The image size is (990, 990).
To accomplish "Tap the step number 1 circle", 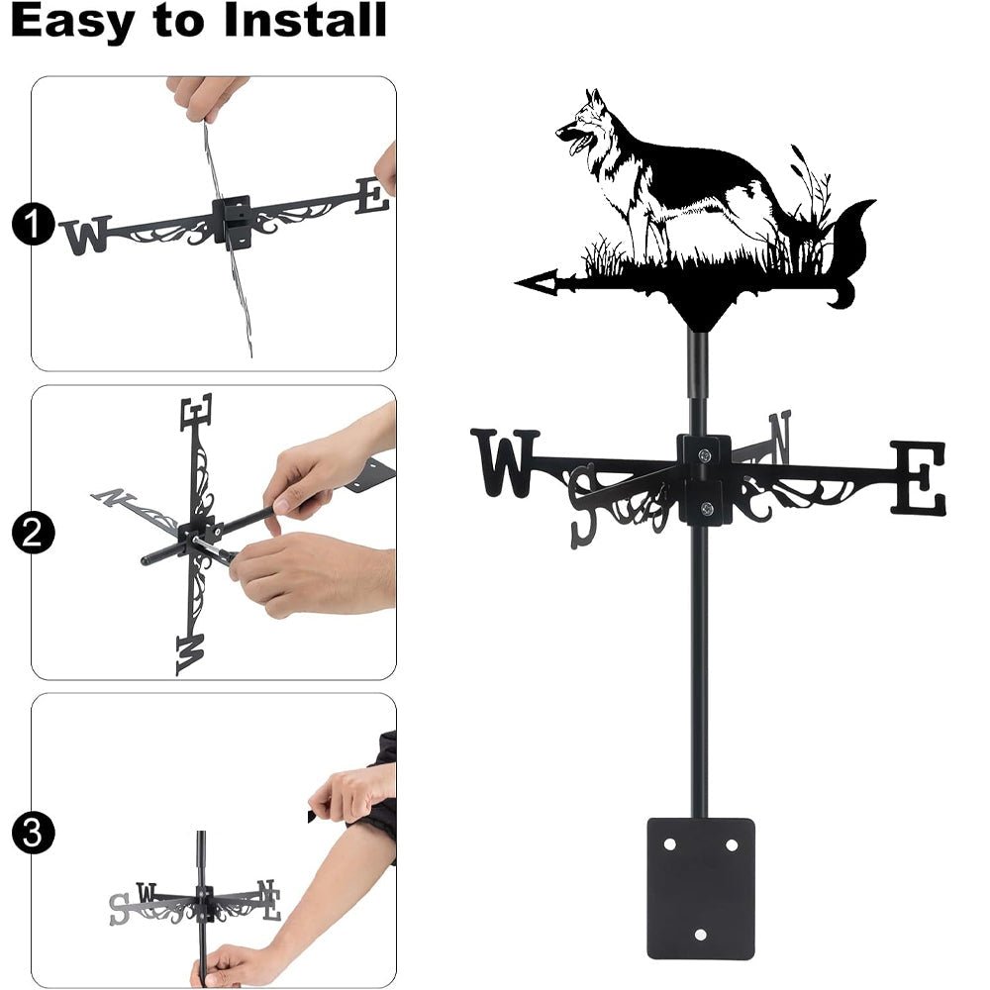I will [32, 226].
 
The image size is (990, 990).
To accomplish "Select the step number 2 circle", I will [32, 535].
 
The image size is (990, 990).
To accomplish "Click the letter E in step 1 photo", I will [372, 196].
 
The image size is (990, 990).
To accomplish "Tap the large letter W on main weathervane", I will [505, 461].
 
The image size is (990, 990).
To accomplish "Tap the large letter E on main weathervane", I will [918, 478].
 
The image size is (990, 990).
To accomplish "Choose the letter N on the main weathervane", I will [780, 435].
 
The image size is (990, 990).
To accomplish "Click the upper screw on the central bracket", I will [704, 455].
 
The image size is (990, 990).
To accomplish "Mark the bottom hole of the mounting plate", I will [701, 935].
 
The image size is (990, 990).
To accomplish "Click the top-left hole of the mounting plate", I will [669, 844].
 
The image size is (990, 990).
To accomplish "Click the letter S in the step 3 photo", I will [119, 908].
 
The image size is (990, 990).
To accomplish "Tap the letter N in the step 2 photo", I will [112, 497].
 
